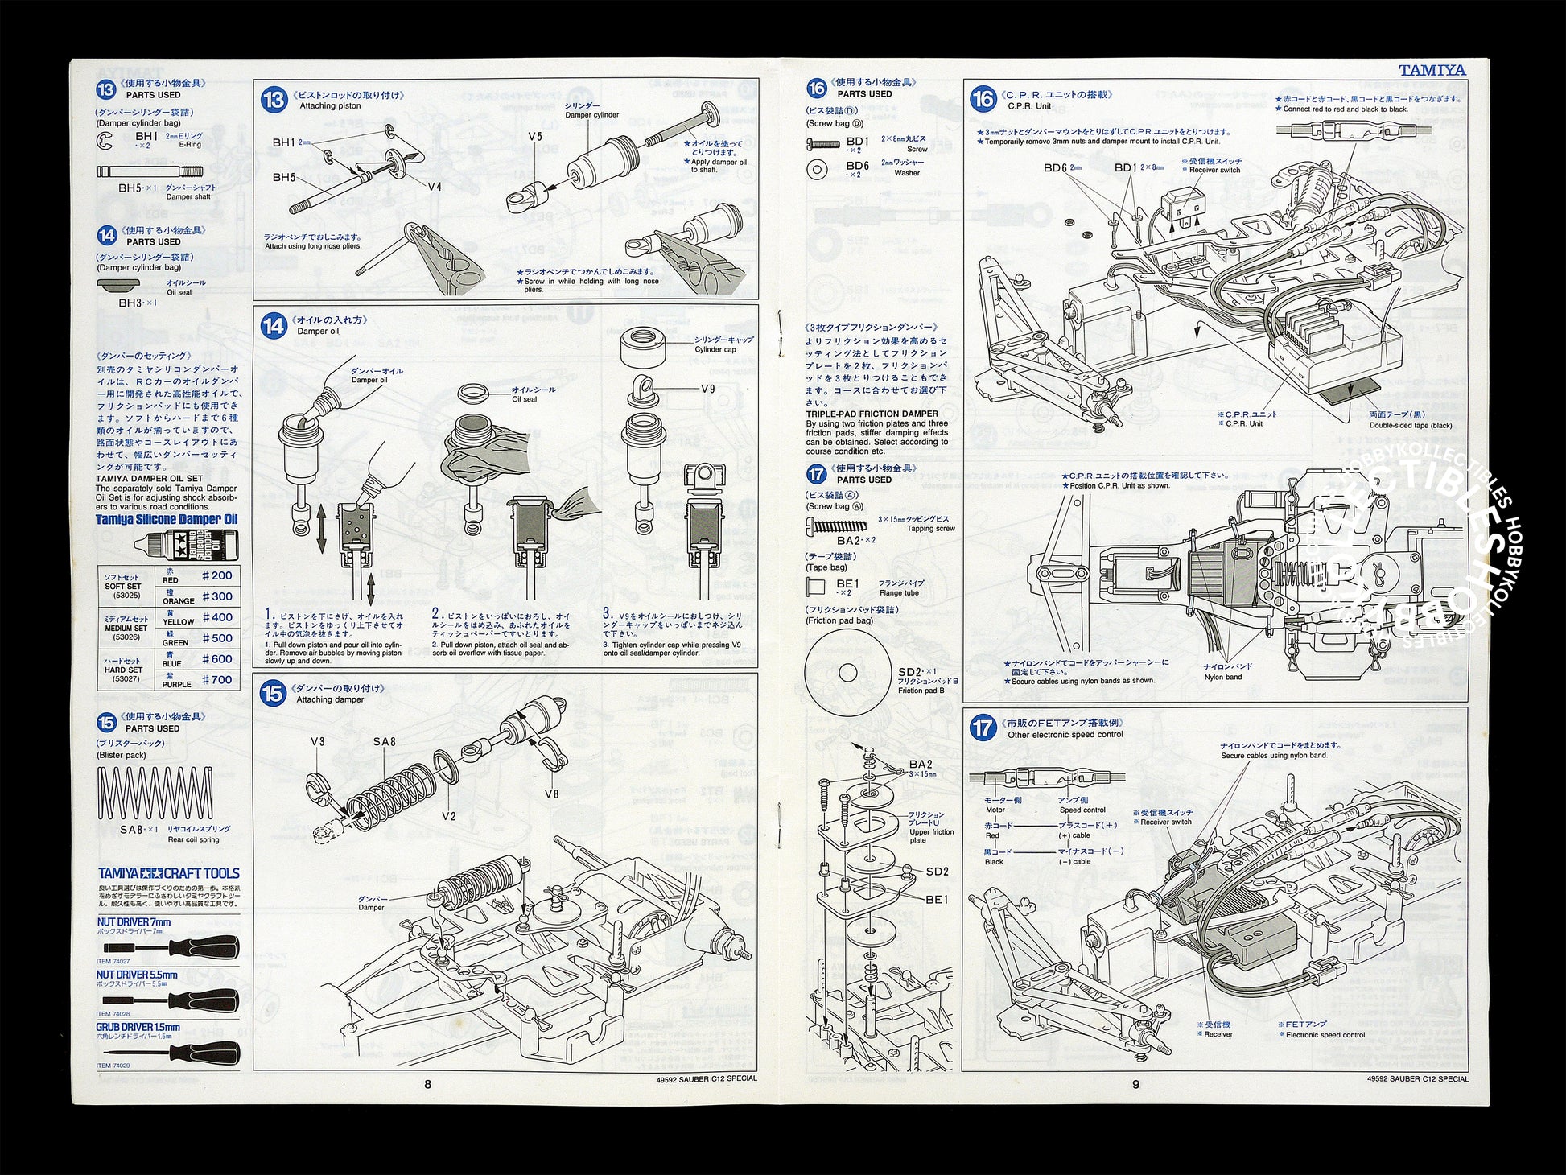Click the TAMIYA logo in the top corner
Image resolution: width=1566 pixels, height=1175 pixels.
coord(1432,71)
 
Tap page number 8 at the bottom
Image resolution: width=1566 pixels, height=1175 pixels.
coord(427,1084)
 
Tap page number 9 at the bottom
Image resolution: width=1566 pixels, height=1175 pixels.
coord(1135,1084)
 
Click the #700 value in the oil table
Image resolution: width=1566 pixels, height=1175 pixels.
coord(216,679)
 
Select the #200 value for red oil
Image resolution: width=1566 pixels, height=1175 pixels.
coord(216,575)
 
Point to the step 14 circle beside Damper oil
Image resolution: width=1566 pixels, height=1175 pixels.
coord(274,325)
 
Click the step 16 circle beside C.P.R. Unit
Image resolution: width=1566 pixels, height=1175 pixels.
coord(983,99)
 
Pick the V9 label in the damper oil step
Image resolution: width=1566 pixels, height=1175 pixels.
coord(707,389)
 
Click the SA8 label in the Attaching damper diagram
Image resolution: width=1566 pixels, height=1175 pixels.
coord(384,741)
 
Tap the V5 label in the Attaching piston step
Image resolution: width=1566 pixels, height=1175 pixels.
coord(535,137)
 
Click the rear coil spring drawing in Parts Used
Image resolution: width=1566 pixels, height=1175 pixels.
coord(157,793)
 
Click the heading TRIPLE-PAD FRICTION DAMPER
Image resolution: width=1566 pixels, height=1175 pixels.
coord(872,414)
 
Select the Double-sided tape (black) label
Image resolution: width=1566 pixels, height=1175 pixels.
coord(1410,425)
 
